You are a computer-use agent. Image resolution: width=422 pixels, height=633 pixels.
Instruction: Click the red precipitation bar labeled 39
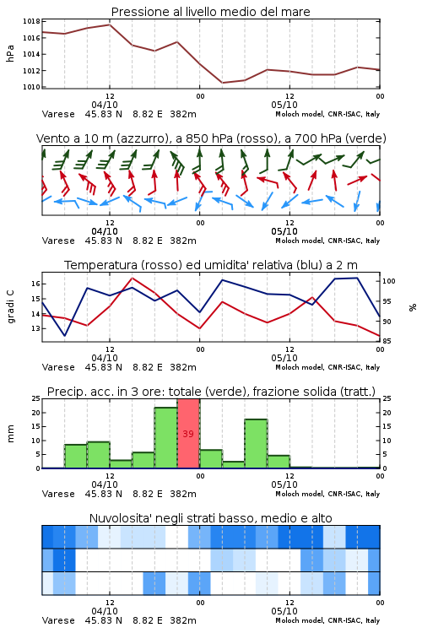pyautogui.click(x=188, y=434)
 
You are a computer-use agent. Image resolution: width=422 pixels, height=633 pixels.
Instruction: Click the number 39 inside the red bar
pyautogui.click(x=188, y=434)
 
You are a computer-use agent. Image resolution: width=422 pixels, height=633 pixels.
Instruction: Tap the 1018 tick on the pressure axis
pyautogui.click(x=31, y=21)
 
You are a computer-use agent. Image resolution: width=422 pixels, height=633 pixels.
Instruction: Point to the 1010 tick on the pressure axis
pyautogui.click(x=31, y=87)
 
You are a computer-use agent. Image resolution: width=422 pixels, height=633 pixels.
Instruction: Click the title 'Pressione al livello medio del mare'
pyautogui.click(x=211, y=12)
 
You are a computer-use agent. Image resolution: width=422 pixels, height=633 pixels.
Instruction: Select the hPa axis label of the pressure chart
pyautogui.click(x=10, y=53)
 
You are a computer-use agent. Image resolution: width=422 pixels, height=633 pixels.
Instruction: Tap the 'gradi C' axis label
pyautogui.click(x=10, y=306)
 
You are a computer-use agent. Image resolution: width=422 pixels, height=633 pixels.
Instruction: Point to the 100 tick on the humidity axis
pyautogui.click(x=389, y=281)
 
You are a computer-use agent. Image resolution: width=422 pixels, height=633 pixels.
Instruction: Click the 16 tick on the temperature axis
pyautogui.click(x=35, y=284)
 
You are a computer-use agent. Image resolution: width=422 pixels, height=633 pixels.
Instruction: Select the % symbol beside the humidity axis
pyautogui.click(x=413, y=307)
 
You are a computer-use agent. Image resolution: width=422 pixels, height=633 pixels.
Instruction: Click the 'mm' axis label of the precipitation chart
pyautogui.click(x=10, y=434)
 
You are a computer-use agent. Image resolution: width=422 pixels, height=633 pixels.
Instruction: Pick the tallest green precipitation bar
pyautogui.click(x=166, y=438)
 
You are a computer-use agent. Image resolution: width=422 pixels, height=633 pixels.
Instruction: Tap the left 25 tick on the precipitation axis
pyautogui.click(x=35, y=398)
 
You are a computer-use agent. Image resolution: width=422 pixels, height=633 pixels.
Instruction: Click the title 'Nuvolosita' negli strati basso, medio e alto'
pyautogui.click(x=211, y=518)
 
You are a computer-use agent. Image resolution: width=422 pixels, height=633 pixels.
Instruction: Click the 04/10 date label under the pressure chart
pyautogui.click(x=105, y=105)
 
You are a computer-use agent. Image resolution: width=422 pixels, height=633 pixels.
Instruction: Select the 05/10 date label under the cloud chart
pyautogui.click(x=284, y=611)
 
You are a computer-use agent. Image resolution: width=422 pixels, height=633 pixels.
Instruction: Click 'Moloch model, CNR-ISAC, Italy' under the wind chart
pyautogui.click(x=327, y=241)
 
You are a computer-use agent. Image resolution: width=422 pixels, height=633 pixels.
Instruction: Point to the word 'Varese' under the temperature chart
pyautogui.click(x=58, y=367)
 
